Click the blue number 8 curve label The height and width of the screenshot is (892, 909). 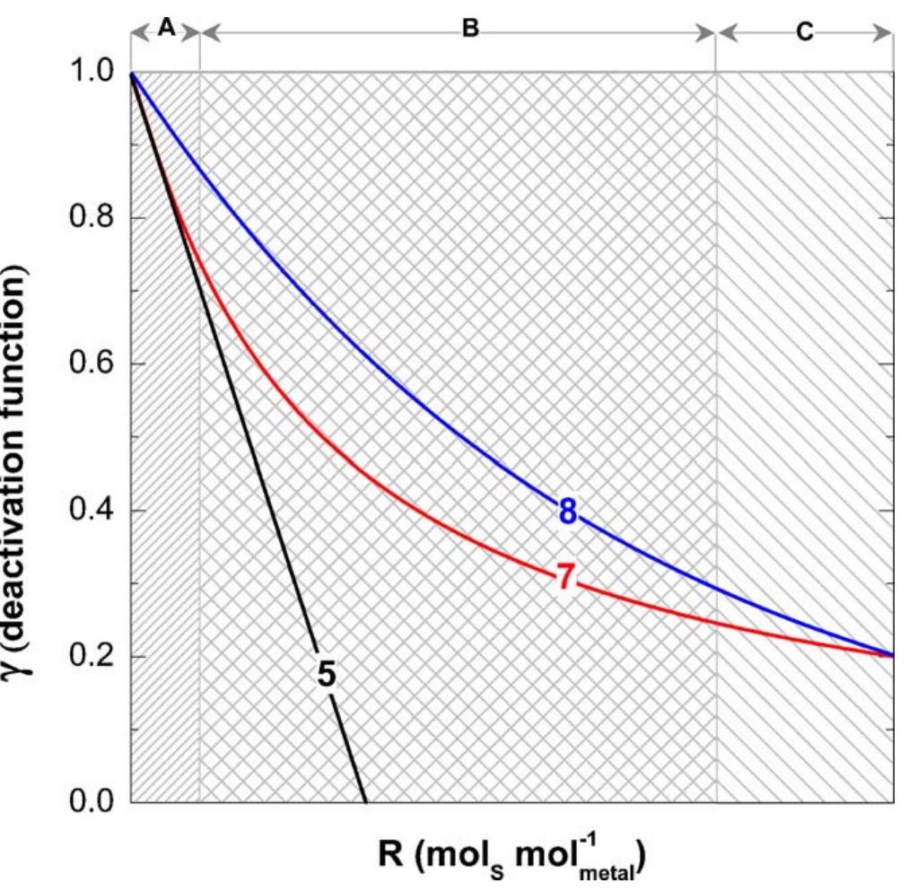(567, 512)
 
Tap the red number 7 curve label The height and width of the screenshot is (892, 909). (564, 578)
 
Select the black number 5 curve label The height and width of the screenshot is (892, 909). (326, 675)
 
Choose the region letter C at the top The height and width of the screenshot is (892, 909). (804, 33)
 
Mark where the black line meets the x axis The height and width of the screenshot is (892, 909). (365, 801)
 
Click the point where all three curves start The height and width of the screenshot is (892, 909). (132, 73)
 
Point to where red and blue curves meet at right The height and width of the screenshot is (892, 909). (892, 655)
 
